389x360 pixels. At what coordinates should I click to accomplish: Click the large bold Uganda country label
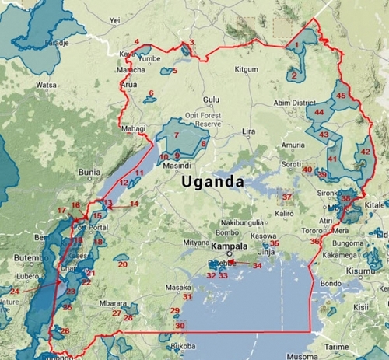(x=212, y=182)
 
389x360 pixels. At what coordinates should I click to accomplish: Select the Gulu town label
(x=211, y=100)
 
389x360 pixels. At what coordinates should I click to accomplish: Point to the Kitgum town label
(x=246, y=69)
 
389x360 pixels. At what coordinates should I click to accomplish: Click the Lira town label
(x=248, y=131)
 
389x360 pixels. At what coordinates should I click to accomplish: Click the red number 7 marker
(x=177, y=135)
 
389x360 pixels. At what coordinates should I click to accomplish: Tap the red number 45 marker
(x=340, y=95)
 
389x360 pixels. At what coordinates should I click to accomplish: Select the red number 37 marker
(x=286, y=196)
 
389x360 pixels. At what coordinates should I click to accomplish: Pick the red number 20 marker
(x=122, y=264)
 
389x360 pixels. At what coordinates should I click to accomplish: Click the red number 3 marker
(x=191, y=43)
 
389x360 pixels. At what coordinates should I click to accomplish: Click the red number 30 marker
(x=180, y=326)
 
